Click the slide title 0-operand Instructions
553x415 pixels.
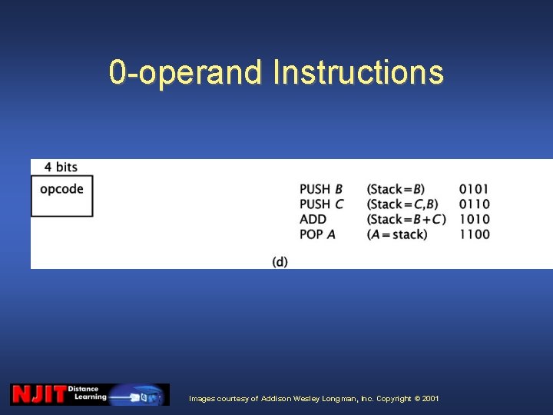(276, 72)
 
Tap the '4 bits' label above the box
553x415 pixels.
(61, 167)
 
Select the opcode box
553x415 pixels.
(61, 196)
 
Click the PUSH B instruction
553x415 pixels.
(321, 189)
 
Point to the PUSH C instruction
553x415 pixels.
(321, 204)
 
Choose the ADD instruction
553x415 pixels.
(313, 219)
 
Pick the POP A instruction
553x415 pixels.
(317, 234)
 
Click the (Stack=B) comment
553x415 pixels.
(396, 189)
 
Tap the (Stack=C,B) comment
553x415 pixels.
(402, 204)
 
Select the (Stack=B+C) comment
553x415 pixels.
(406, 219)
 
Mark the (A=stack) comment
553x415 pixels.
(397, 234)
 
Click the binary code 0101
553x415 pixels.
(474, 189)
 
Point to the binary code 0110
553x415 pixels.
(474, 204)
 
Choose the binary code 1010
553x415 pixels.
(474, 219)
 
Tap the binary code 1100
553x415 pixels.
(474, 234)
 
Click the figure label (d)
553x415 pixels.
(280, 262)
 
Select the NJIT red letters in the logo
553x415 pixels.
(38, 395)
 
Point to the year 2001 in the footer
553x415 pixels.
(430, 399)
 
